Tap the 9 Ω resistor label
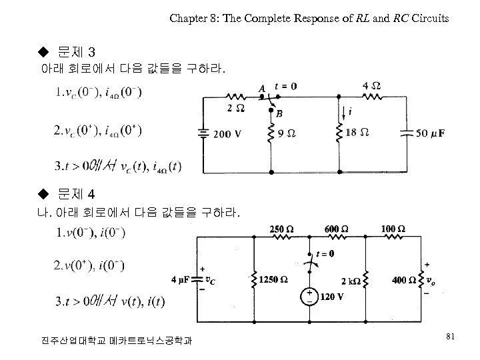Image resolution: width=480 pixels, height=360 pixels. click(x=287, y=133)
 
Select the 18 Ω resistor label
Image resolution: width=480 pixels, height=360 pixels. click(x=357, y=133)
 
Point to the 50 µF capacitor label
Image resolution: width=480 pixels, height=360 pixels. click(x=430, y=133)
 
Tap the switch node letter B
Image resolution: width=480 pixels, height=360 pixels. click(x=279, y=114)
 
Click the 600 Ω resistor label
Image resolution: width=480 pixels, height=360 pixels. click(x=335, y=229)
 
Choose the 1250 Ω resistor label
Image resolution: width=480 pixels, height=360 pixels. click(x=274, y=279)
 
